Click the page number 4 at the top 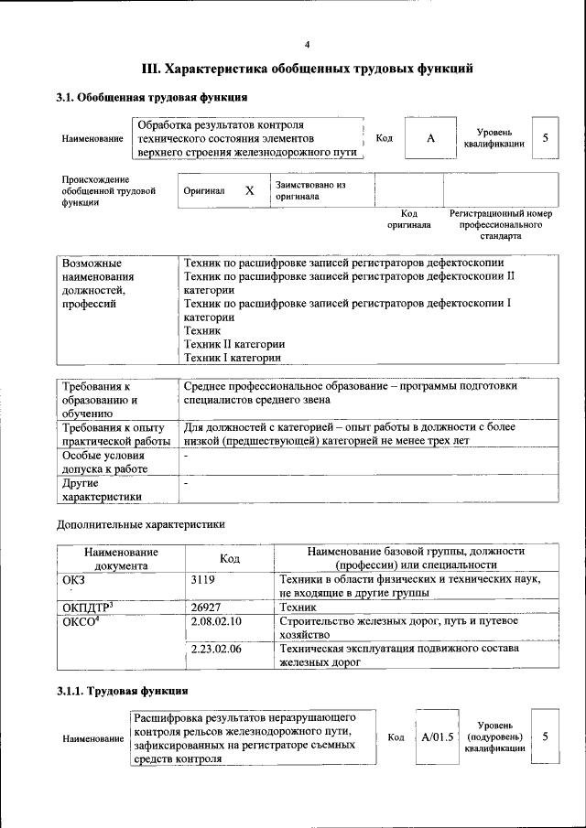[x=307, y=44]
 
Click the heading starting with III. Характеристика [x=307, y=68]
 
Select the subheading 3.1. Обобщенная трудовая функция [x=151, y=97]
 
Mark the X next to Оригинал [x=249, y=191]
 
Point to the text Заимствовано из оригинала [x=309, y=190]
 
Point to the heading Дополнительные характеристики [x=140, y=524]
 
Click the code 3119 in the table [x=204, y=580]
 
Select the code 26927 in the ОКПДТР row [x=207, y=607]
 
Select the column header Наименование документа [x=121, y=558]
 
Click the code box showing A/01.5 [x=437, y=737]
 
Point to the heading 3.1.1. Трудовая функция [x=123, y=692]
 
